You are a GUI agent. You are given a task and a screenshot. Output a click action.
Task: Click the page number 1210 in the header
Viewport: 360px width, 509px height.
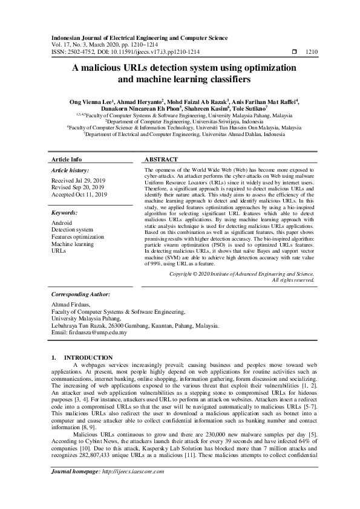(312, 53)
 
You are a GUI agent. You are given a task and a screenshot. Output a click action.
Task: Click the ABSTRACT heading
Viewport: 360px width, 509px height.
(161, 160)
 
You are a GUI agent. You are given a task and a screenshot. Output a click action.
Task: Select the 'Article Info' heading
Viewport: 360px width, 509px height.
(67, 160)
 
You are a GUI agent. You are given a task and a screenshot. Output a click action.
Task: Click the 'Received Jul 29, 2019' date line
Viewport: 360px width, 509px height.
(79, 181)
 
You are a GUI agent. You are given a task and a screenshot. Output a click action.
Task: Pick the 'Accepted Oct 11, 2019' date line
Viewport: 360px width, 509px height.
(79, 195)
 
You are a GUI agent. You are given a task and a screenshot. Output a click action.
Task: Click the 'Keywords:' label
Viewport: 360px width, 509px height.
(65, 213)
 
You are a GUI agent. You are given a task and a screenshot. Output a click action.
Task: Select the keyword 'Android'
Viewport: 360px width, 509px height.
(62, 223)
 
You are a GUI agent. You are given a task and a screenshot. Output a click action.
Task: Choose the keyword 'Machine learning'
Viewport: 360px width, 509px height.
(73, 243)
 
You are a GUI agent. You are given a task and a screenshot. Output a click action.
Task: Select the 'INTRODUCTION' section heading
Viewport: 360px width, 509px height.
(88, 358)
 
